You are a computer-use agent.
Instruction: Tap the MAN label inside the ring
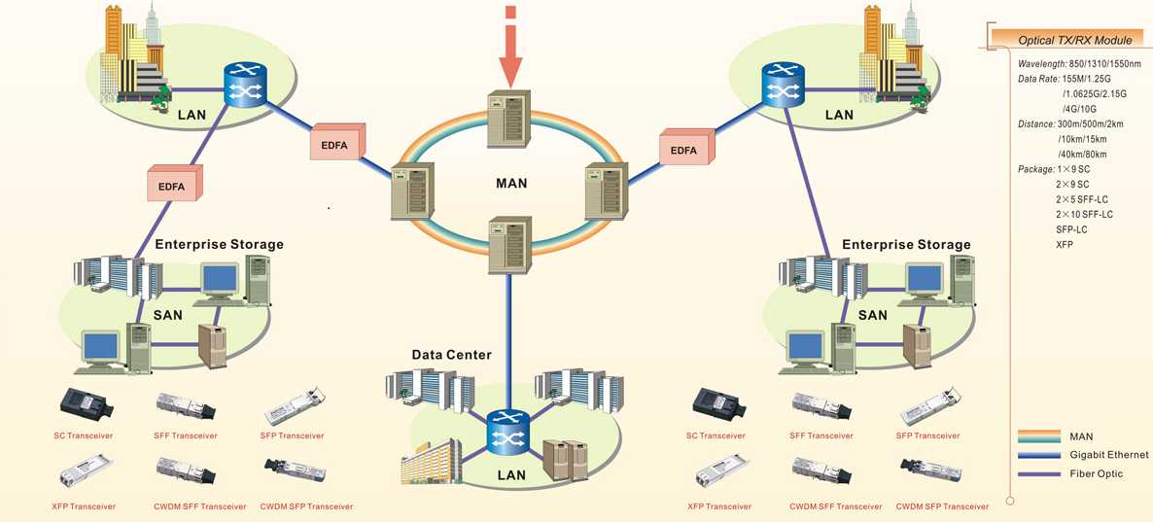511,183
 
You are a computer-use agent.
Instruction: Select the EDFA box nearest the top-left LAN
336,144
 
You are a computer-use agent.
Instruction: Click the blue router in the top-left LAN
244,85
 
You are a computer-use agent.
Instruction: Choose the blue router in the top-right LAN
782,85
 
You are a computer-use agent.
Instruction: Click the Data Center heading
451,356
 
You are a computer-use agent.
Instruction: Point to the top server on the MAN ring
508,119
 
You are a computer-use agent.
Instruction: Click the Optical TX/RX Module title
1074,41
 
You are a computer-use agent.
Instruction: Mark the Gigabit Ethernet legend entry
1108,455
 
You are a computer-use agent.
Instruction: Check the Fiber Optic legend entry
1096,473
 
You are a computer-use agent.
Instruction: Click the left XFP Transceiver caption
84,506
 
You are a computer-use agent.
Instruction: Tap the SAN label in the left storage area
167,315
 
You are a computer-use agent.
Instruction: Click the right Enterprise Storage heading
906,245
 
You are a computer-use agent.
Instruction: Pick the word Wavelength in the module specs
1041,63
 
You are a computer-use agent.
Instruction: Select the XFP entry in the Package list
1065,245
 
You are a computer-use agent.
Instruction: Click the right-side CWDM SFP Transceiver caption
942,506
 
